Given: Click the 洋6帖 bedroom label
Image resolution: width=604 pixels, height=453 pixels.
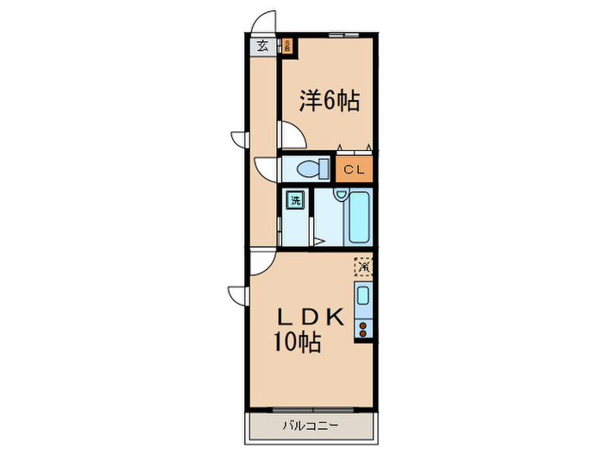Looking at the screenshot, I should point(329,102).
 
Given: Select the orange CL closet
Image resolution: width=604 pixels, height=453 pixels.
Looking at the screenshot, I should point(355,169).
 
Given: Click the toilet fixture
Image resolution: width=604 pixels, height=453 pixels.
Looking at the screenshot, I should point(309,167).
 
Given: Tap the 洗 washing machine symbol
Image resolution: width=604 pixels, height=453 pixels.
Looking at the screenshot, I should point(296,200).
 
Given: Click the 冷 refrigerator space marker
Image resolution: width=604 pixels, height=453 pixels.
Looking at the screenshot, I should point(364,267).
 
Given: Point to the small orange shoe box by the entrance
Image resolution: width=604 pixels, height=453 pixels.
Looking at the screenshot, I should point(287,47).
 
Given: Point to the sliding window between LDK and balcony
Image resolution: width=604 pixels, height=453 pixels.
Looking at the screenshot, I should point(311,409).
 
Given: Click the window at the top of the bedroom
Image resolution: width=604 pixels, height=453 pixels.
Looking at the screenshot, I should point(343,34).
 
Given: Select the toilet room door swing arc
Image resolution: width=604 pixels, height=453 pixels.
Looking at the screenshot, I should point(266,167).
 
